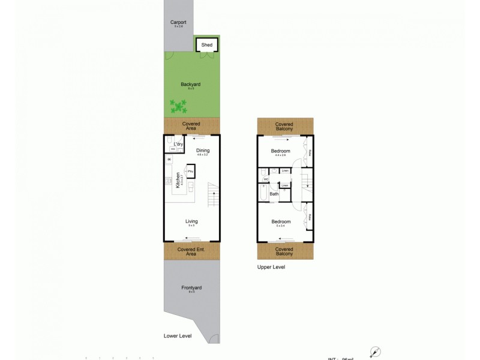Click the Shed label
[207, 45]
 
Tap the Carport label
[178, 22]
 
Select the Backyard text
[190, 85]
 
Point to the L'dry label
[178, 145]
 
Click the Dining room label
[203, 150]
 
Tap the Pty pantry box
[190, 172]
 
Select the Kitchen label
[178, 181]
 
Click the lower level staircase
[214, 195]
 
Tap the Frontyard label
[191, 288]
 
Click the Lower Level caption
[178, 336]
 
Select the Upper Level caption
[271, 267]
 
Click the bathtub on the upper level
[263, 194]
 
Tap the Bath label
[274, 194]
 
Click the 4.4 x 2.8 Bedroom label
[280, 151]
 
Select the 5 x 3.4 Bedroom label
[280, 222]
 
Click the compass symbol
[376, 352]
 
